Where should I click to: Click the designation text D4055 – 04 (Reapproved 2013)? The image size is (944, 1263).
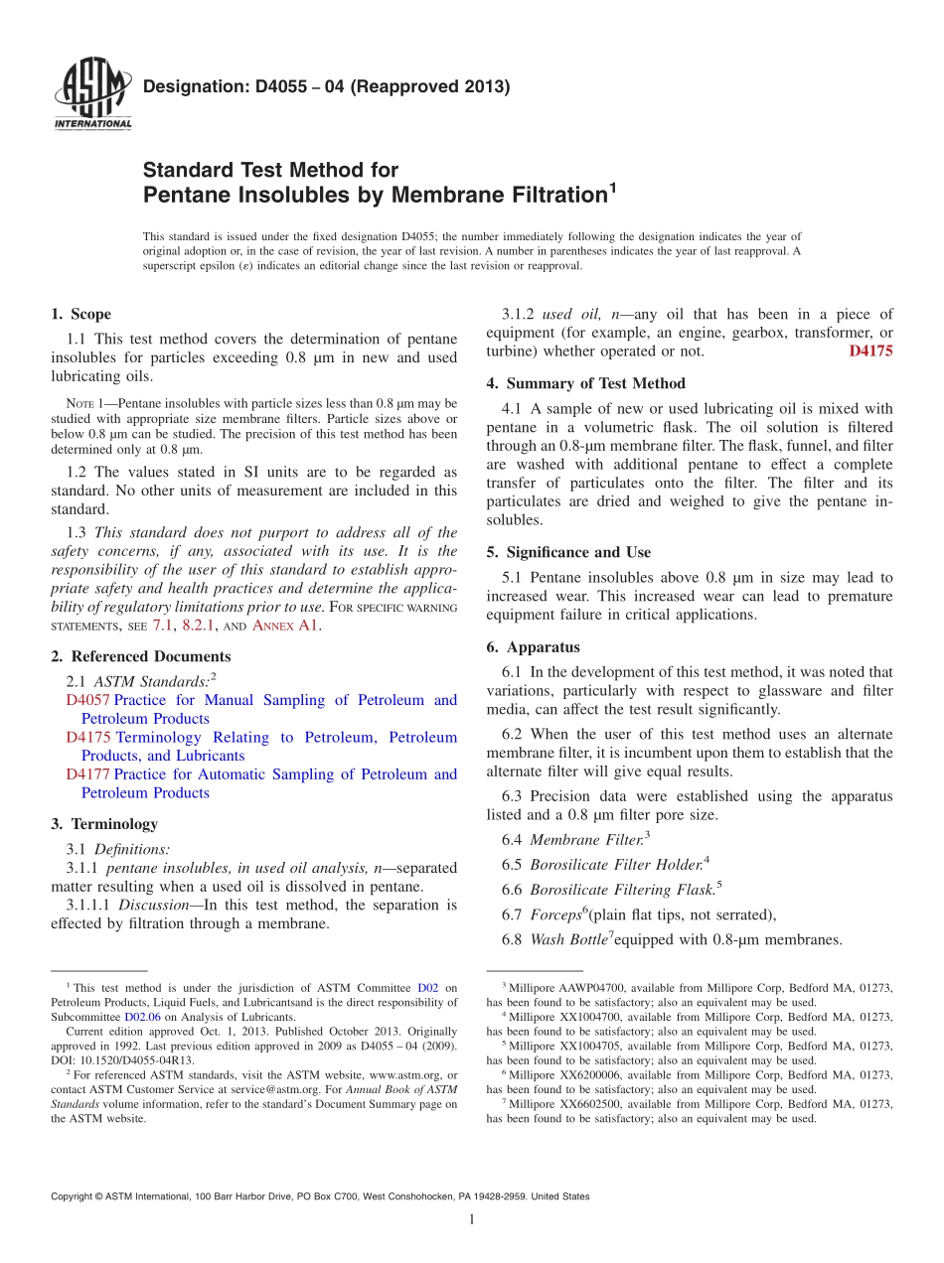pyautogui.click(x=327, y=86)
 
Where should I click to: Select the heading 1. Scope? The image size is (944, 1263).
pyautogui.click(x=80, y=315)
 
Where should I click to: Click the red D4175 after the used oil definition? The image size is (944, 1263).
pyautogui.click(x=870, y=351)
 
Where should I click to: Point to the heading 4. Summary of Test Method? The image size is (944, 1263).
pyautogui.click(x=585, y=383)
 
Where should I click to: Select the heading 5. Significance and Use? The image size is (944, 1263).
pyautogui.click(x=568, y=552)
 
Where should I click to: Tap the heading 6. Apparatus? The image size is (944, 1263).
pyautogui.click(x=533, y=647)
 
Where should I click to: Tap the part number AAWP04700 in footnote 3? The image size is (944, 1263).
pyautogui.click(x=581, y=988)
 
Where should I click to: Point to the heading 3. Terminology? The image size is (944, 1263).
pyautogui.click(x=103, y=824)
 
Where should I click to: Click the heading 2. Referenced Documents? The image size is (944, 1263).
pyautogui.click(x=140, y=656)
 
